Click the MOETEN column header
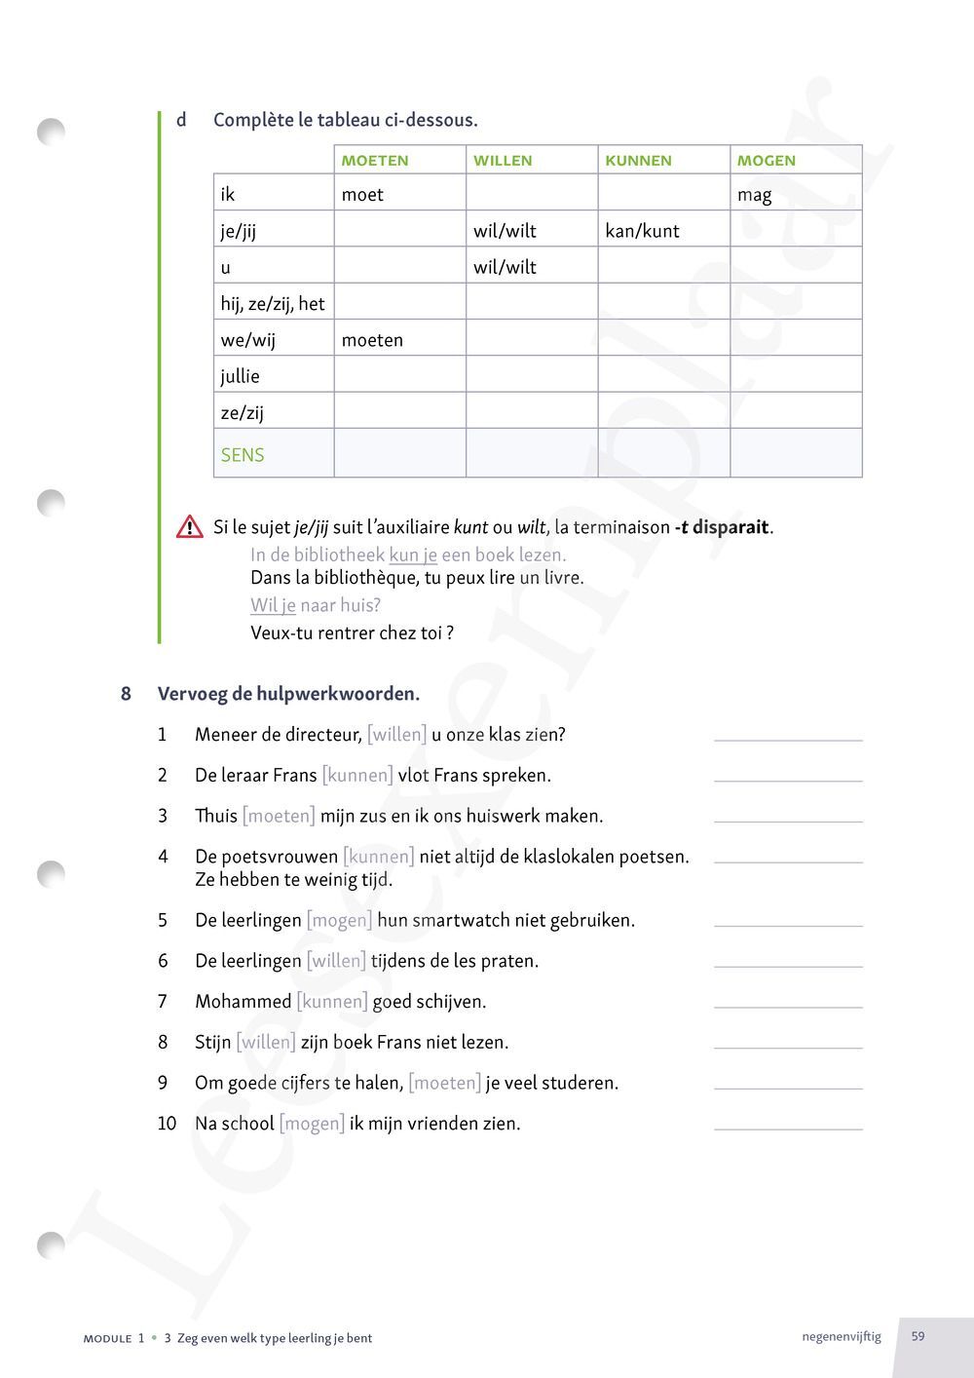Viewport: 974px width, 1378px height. (x=375, y=161)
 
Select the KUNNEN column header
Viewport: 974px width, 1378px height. (x=638, y=161)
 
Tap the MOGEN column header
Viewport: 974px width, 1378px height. (x=766, y=161)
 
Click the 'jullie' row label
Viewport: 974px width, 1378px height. (x=240, y=376)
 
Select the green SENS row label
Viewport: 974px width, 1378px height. (x=243, y=455)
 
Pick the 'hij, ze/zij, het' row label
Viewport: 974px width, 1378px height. (x=272, y=304)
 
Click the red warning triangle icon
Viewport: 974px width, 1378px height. (x=189, y=527)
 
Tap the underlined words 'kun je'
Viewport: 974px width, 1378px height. (x=413, y=555)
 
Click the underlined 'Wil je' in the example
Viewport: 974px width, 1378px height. (x=273, y=605)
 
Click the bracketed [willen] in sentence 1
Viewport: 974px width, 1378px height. (x=396, y=735)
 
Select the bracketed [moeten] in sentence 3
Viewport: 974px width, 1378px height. (x=279, y=816)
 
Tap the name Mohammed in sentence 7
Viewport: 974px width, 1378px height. (x=243, y=1002)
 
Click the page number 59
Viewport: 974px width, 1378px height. (x=918, y=1336)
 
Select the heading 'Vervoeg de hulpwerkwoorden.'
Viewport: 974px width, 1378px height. (x=288, y=695)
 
